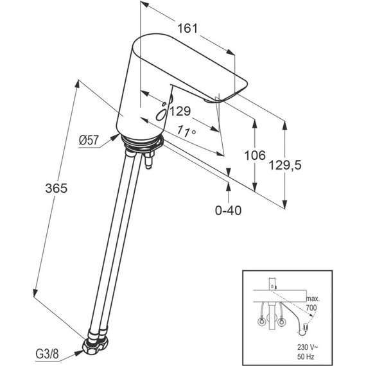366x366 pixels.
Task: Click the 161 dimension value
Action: click(187, 28)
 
